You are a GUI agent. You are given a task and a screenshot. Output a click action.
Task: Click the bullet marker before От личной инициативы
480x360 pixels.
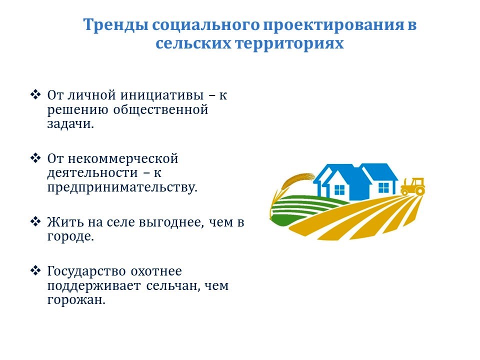pyautogui.click(x=35, y=94)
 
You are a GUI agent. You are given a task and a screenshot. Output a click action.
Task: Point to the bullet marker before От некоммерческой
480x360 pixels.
pyautogui.click(x=35, y=158)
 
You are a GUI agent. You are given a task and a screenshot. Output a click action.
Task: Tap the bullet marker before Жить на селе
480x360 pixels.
pyautogui.click(x=35, y=221)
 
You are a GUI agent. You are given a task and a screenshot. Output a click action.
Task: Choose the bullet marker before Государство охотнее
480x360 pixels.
pyautogui.click(x=35, y=270)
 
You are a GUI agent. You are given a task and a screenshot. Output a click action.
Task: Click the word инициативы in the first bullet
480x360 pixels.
pyautogui.click(x=161, y=95)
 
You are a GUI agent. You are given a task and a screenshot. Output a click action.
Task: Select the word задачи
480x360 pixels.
pyautogui.click(x=70, y=124)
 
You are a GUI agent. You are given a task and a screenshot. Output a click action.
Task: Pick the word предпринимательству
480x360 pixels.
pyautogui.click(x=122, y=187)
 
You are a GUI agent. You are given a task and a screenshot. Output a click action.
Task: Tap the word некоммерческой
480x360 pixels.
pyautogui.click(x=123, y=159)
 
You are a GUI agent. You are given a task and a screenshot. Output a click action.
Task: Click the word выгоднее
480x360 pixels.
pyautogui.click(x=171, y=222)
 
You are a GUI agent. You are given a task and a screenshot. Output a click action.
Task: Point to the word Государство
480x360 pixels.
pyautogui.click(x=86, y=271)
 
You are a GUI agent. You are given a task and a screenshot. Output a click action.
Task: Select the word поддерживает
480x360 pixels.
pyautogui.click(x=94, y=286)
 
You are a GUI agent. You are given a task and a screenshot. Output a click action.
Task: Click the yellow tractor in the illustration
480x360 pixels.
pyautogui.click(x=412, y=186)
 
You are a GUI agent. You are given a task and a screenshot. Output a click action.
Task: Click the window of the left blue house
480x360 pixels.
pyautogui.click(x=339, y=190)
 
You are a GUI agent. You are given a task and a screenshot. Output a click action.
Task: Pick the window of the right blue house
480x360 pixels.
pyautogui.click(x=383, y=187)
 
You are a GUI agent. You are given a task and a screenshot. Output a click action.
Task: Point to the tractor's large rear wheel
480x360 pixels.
pyautogui.click(x=420, y=190)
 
